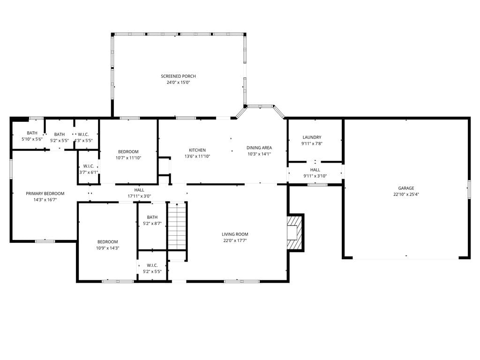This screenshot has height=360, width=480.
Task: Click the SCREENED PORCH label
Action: click(x=178, y=76)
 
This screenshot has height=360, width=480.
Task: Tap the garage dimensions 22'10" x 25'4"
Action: click(x=406, y=194)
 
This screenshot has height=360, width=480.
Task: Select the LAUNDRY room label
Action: click(x=312, y=137)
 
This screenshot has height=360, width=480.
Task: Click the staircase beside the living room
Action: click(x=177, y=226)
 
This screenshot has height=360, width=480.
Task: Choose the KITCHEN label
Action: click(x=197, y=150)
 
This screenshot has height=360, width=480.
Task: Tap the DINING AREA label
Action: click(x=259, y=148)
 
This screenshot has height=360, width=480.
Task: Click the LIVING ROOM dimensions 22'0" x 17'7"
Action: click(x=235, y=240)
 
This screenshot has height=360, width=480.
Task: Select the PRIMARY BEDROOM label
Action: click(x=45, y=194)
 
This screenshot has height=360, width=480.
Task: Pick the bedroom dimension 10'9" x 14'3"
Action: click(x=107, y=248)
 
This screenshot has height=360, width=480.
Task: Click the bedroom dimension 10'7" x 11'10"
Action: click(x=128, y=158)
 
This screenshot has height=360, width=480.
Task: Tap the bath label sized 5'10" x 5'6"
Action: click(x=32, y=139)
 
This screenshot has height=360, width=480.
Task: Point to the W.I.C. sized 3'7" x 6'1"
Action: click(x=89, y=172)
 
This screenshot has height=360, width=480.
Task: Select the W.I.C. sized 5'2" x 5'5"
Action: click(x=152, y=271)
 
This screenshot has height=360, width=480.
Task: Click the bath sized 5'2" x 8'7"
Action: click(x=152, y=224)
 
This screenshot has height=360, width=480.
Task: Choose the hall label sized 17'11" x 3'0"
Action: click(x=139, y=196)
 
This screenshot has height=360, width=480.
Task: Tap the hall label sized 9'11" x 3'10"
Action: click(x=315, y=176)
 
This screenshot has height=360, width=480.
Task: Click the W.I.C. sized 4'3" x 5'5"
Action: click(x=83, y=141)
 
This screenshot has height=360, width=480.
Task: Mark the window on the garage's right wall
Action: click(x=469, y=189)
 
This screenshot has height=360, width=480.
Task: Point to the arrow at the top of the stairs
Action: click(x=177, y=204)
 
